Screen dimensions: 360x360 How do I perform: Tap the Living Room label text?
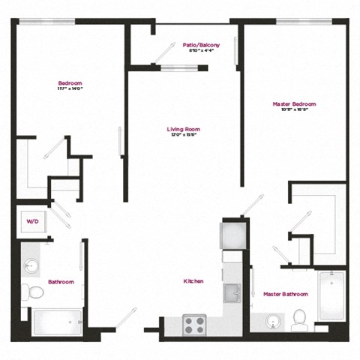tap(183, 129)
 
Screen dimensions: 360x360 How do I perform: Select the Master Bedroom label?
tap(294, 104)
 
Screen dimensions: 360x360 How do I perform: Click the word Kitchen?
tap(193, 281)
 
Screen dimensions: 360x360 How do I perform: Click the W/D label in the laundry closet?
tap(33, 223)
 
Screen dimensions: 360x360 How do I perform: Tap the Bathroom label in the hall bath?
tap(61, 282)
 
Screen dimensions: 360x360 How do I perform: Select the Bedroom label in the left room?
tap(70, 82)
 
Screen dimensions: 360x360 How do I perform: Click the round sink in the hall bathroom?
tap(32, 265)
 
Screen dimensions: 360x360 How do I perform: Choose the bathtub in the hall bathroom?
tap(57, 322)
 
